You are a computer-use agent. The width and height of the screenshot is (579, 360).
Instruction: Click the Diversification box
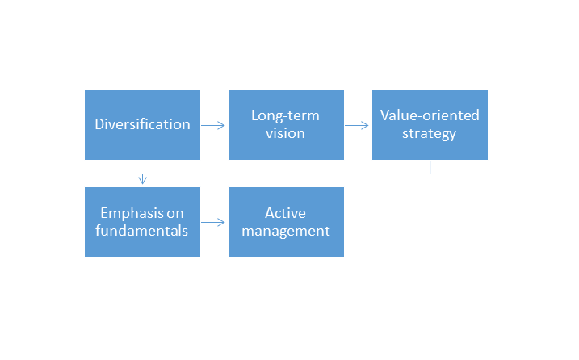coord(143,125)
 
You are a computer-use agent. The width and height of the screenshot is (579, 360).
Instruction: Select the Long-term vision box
coord(286,125)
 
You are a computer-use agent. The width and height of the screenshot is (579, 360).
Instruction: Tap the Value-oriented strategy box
coord(430,125)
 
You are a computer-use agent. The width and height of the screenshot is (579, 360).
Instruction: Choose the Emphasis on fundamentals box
coord(143,222)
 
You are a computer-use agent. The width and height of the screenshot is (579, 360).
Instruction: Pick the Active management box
coord(286,222)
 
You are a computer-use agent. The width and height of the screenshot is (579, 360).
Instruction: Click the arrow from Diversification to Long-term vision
coord(213,126)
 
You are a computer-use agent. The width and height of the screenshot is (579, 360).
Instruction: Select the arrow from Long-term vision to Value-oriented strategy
coord(357,126)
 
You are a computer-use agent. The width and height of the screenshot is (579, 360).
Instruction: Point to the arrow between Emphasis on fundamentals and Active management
coord(213,222)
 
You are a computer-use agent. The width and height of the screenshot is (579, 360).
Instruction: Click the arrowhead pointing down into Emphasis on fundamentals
coord(143,179)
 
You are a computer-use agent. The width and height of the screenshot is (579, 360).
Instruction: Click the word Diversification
coord(143,124)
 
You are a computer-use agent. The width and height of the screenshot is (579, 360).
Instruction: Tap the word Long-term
coord(285,115)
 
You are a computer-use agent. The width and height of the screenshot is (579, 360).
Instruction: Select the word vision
coord(285,133)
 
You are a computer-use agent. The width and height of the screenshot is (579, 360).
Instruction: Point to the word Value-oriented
coord(430,115)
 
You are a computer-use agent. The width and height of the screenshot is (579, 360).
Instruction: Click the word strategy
coord(429,134)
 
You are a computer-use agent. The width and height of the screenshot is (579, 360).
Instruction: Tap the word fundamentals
coord(142,231)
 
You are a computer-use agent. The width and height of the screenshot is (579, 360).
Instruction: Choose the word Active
coord(285,213)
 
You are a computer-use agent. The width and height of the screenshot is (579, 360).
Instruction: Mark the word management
coord(286,231)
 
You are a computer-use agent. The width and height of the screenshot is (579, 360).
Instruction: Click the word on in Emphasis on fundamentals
coord(175,214)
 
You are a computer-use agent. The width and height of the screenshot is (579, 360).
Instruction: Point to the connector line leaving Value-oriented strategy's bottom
coord(286,174)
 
